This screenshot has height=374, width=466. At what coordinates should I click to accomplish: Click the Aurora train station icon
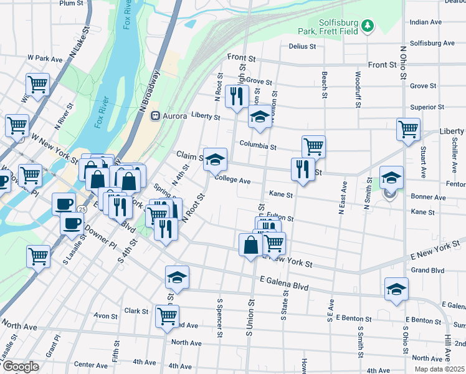156,116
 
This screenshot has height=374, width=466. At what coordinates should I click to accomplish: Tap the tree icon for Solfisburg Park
368,25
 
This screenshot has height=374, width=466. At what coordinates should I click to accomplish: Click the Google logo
21,367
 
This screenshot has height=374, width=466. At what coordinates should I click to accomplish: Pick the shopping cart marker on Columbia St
313,146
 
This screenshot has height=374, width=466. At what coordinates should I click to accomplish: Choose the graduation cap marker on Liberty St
260,116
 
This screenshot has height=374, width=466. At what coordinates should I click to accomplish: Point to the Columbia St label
258,146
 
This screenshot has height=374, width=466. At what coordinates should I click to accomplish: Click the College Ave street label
232,181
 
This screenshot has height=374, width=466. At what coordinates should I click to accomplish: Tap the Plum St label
72,4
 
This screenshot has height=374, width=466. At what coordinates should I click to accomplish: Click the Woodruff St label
358,89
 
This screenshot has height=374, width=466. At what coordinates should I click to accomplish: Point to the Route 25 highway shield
82,209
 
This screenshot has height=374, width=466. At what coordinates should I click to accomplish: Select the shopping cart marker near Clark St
167,316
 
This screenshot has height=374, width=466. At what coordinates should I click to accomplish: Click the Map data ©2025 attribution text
439,369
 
